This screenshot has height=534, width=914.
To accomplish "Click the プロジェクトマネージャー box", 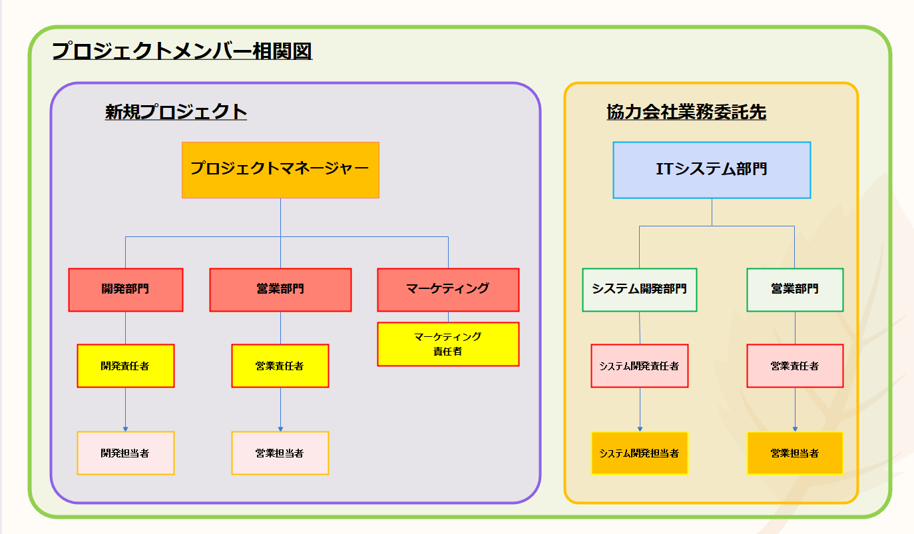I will click(280, 170).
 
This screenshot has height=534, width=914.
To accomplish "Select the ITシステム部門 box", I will click(712, 170).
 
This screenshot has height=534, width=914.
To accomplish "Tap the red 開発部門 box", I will click(125, 290).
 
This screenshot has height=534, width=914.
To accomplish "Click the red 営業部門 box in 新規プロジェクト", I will click(280, 290).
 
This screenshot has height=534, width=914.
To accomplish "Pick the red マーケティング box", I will click(448, 290).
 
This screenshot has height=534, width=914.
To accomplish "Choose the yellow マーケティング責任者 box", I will click(448, 344).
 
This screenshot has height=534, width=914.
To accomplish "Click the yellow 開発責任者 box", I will click(125, 366).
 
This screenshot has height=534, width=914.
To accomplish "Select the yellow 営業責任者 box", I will click(280, 366).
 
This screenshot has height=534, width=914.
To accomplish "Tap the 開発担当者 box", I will click(125, 453).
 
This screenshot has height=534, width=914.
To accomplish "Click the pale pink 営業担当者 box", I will click(280, 453).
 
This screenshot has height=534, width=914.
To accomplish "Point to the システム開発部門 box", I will click(639, 290).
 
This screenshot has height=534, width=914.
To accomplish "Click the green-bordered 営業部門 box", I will click(795, 290).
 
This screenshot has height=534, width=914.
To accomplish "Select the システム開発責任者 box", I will click(639, 366).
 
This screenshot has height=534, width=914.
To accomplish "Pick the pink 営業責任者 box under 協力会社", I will click(795, 366).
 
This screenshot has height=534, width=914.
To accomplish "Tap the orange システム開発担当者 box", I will click(639, 453).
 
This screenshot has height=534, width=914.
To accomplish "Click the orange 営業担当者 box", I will click(795, 453).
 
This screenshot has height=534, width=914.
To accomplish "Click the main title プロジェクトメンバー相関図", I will click(182, 51).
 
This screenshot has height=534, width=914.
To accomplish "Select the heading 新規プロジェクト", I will click(176, 111).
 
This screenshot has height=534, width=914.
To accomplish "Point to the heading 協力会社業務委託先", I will click(686, 112).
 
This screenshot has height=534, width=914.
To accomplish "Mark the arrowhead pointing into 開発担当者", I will click(125, 429).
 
